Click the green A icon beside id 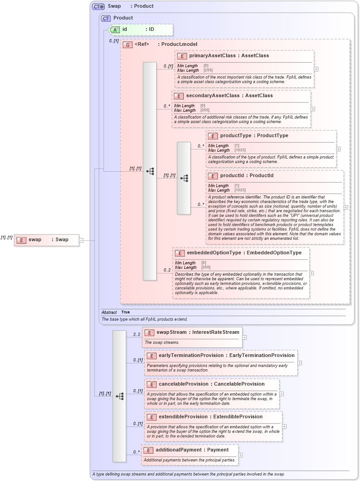[x=116, y=30]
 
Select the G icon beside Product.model [x=128, y=45]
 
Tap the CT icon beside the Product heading [x=106, y=18]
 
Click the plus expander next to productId [x=346, y=207]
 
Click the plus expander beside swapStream [x=245, y=337]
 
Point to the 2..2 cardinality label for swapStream [x=136, y=335]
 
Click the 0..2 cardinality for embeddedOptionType [x=167, y=270]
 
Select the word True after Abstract [x=125, y=312]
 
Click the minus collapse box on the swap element [x=81, y=240]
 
